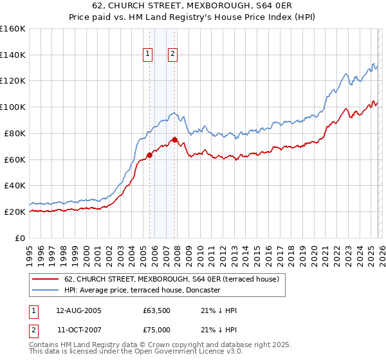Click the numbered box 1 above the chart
(149, 55)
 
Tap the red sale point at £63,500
(149, 154)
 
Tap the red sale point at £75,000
(174, 139)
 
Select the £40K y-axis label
(14, 186)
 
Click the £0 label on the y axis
(19, 238)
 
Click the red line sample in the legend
(45, 280)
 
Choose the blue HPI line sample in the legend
(45, 291)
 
